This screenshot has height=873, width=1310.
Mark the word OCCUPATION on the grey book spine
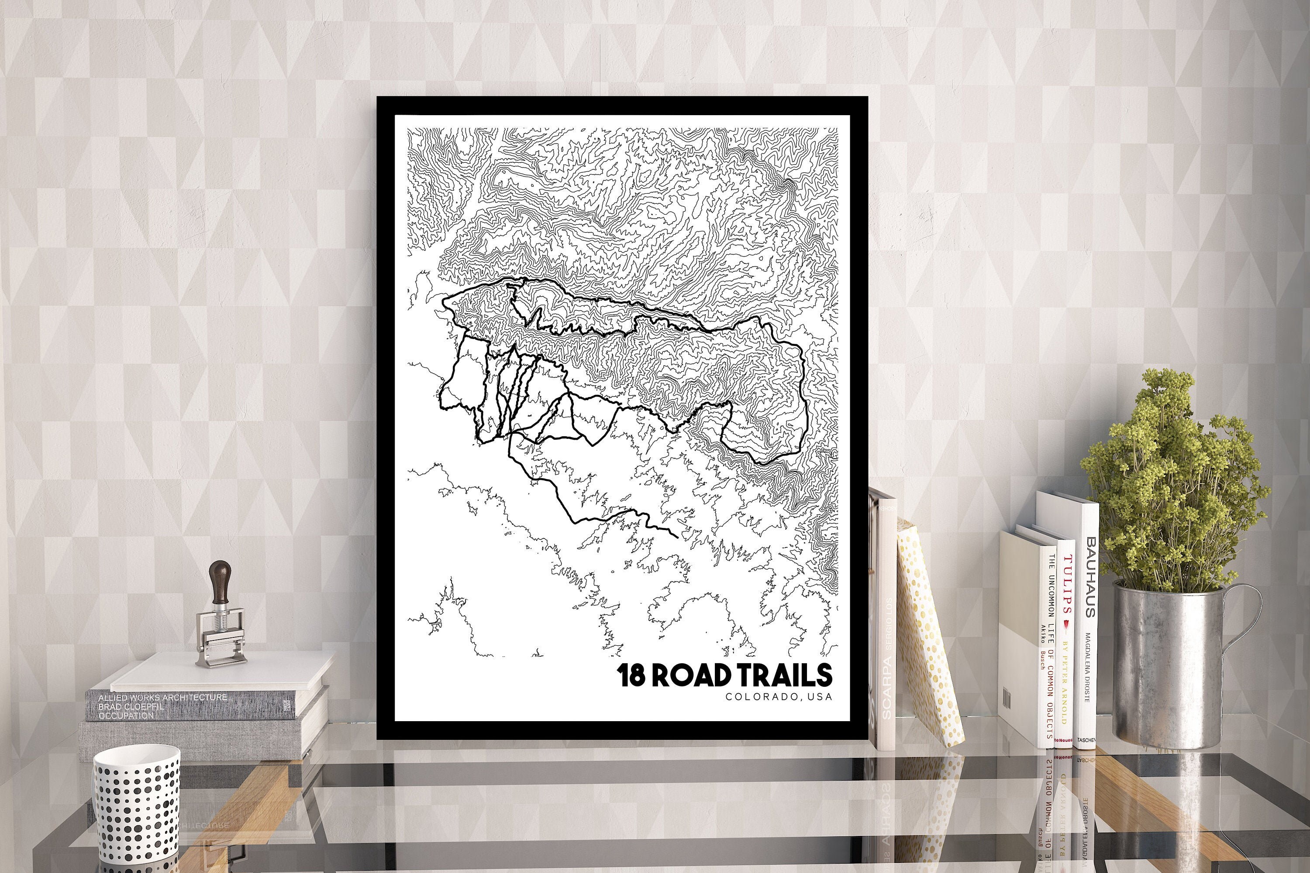coord(125,716)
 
